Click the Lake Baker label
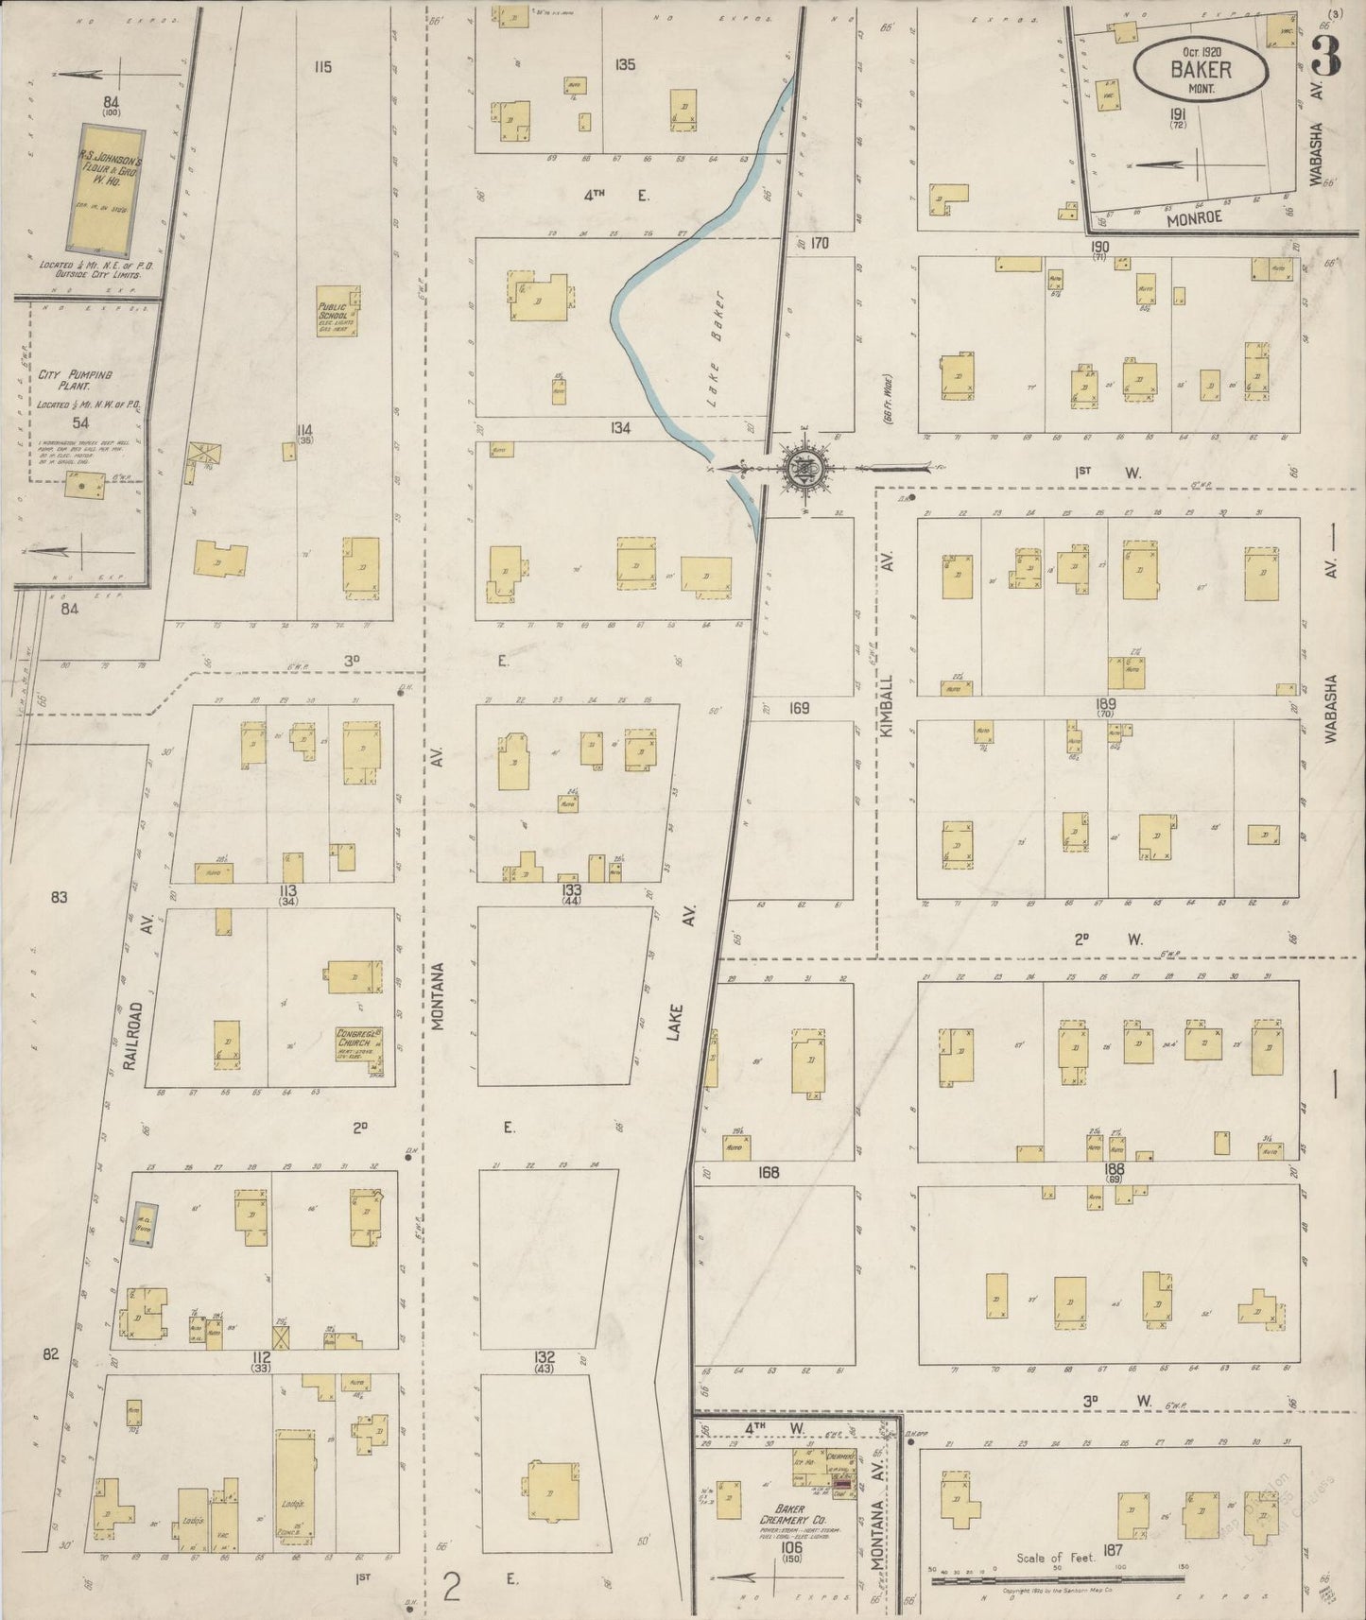click(x=716, y=373)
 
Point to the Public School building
click(x=337, y=311)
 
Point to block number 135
click(x=624, y=65)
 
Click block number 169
click(x=800, y=707)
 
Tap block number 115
click(x=324, y=66)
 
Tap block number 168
click(x=768, y=1172)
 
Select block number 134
click(x=619, y=428)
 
